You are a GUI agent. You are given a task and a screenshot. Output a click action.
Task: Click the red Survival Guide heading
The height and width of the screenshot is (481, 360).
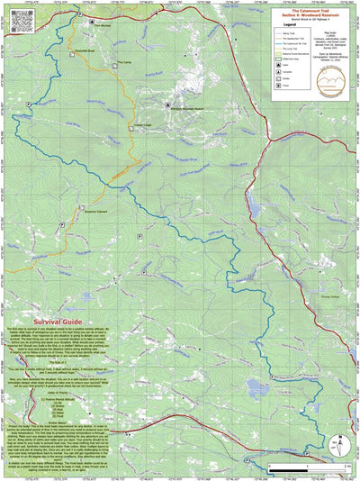tap(58, 322)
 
